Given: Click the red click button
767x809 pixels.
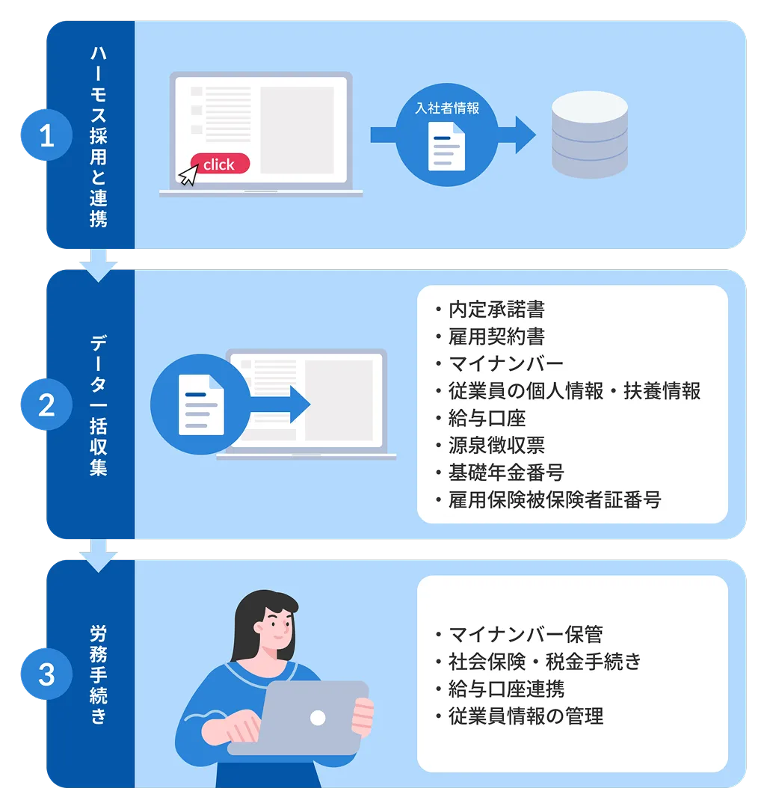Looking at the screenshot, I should coord(219,164).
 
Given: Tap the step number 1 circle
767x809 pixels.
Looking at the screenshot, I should coord(46,137).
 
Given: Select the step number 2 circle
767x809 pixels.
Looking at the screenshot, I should coord(46,405).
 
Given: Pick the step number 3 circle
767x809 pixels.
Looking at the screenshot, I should coord(46,674).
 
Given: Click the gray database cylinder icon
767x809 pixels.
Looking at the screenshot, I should coord(589,135).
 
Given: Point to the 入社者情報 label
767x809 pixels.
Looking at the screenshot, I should coord(447,108).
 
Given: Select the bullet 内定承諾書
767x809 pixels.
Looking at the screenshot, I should coord(496,309).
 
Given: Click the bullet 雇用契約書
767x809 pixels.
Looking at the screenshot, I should coord(496,336).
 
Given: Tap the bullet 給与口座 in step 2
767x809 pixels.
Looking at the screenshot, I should coord(487,418).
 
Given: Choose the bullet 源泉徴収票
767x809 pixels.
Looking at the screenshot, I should coord(496,446).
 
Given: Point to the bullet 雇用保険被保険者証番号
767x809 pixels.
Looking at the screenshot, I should coord(554,499).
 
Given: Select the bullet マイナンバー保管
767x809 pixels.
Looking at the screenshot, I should coord(525,634).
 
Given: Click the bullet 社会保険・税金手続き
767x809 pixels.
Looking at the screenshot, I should coord(544,662).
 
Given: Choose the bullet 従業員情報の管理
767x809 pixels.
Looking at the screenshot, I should coord(525,716).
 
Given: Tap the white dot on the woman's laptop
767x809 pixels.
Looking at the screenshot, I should coord(318,718).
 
